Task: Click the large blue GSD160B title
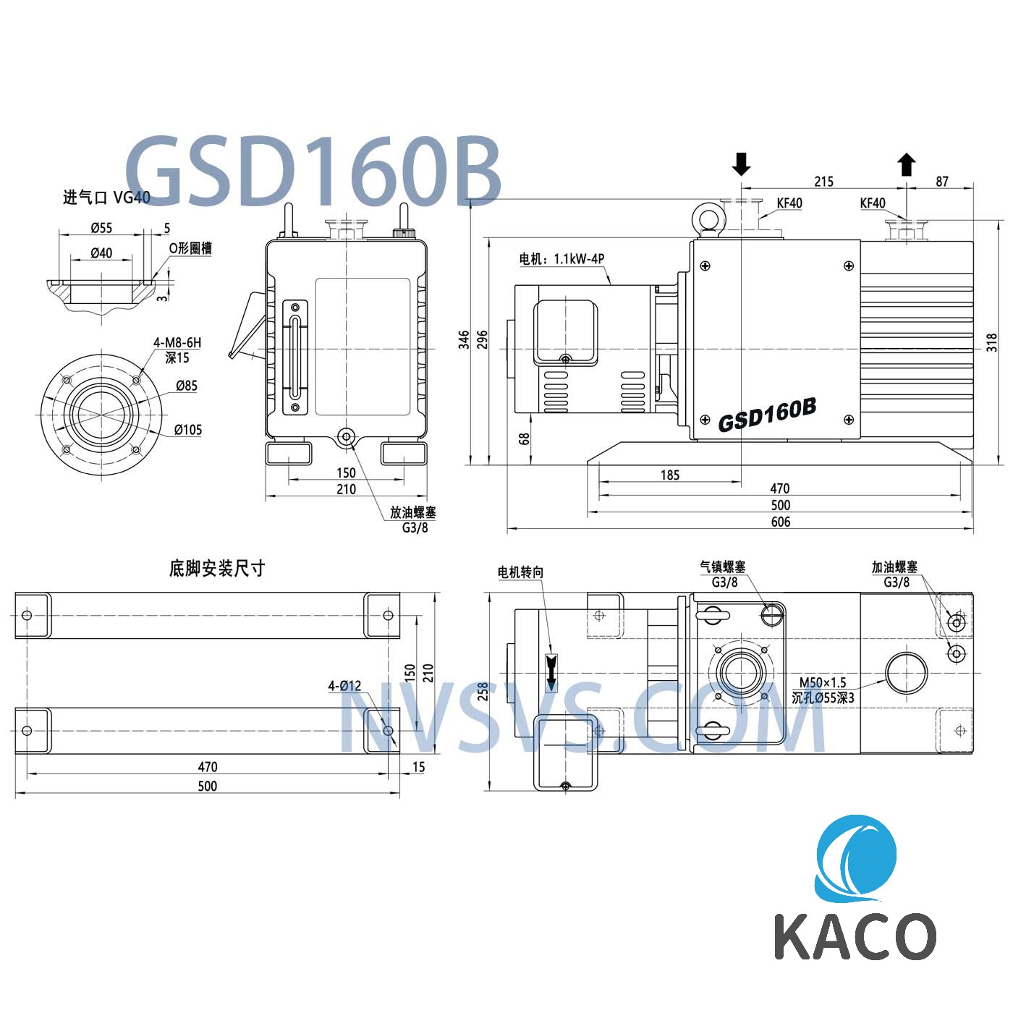313,172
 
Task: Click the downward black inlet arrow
741,164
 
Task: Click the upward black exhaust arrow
906,164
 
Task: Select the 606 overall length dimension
780,522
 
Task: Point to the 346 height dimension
464,339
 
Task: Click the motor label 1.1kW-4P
561,258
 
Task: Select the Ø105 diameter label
188,430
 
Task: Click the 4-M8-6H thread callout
177,343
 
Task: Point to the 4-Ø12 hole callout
344,685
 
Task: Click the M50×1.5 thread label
823,682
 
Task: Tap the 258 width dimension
483,692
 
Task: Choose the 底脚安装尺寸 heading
216,569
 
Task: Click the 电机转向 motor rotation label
520,572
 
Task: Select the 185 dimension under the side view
670,475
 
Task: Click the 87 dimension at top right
941,182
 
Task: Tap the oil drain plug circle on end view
346,436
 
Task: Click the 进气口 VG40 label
106,198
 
